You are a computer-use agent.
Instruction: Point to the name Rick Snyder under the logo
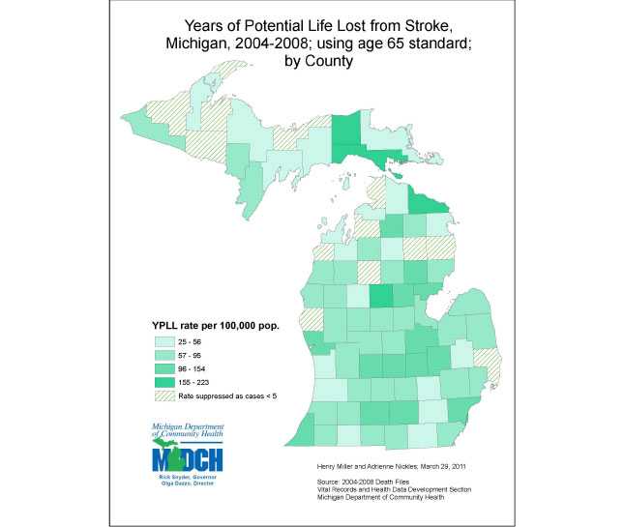(x=174, y=478)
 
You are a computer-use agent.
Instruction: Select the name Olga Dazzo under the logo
(x=173, y=485)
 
